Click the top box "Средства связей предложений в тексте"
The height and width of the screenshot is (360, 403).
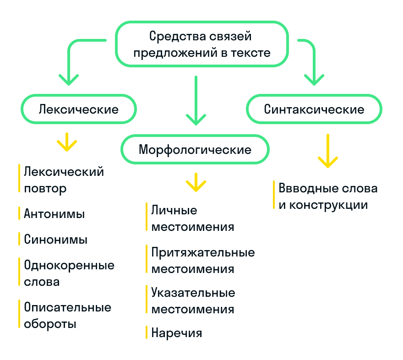pos(201,44)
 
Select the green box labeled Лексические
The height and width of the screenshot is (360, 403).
pos(79,109)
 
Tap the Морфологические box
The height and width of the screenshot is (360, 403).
pos(195,149)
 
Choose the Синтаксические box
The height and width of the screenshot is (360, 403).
pos(314,109)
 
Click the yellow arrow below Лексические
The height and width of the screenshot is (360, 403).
pos(67,142)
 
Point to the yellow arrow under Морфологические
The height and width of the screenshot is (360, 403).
pos(196,182)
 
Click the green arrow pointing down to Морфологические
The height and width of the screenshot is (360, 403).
pos(196,101)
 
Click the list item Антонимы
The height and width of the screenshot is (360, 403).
pos(54,214)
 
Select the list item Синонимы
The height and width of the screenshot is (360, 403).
pos(55,240)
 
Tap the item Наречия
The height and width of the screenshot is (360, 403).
pos(176,333)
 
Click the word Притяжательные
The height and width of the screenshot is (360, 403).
pos(203,252)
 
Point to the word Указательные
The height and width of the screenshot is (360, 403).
pos(193,293)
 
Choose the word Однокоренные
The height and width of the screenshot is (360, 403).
pos(69,265)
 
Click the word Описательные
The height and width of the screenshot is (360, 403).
pos(68,307)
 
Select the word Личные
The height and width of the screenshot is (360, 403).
pos(174,210)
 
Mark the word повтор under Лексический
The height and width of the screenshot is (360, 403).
pos(45,188)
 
